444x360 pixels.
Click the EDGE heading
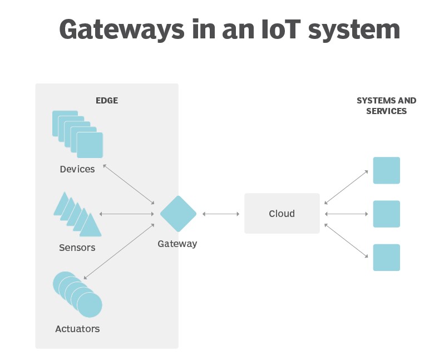pos(107,101)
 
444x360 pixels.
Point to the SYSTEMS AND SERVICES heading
pos(386,106)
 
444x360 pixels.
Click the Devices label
pos(77,169)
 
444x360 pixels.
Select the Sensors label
pos(77,248)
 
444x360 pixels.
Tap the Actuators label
pos(77,329)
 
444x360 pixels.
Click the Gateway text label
pos(177,244)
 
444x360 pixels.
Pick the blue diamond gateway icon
pos(178,214)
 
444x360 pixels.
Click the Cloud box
pos(282,214)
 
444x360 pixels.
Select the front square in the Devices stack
pos(90,145)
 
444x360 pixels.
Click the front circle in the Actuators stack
pos(90,305)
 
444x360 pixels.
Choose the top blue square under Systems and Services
pos(386,170)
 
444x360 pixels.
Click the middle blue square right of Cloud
pos(386,214)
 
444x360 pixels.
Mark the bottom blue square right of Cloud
pos(386,257)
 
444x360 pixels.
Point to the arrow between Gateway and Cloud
pos(220,214)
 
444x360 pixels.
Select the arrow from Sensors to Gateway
pos(126,214)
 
